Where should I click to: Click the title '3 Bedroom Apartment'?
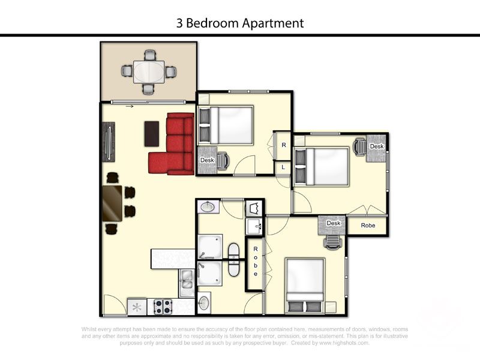tap(240, 23)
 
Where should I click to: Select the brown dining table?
tap(112, 203)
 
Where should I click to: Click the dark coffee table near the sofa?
tap(152, 133)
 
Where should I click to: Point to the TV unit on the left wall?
tap(108, 142)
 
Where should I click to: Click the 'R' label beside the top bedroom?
tap(283, 145)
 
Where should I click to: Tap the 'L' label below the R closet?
tap(283, 167)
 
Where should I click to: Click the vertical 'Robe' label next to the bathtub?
tap(256, 261)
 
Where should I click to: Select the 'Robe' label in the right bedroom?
tap(367, 226)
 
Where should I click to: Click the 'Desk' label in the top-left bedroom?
tap(207, 160)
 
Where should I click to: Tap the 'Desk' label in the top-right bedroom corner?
tap(376, 146)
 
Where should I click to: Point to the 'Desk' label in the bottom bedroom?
tap(334, 223)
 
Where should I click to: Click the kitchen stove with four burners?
tap(163, 307)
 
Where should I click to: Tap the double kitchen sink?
tap(187, 282)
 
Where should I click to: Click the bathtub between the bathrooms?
tap(234, 260)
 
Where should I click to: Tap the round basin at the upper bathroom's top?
tap(208, 208)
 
